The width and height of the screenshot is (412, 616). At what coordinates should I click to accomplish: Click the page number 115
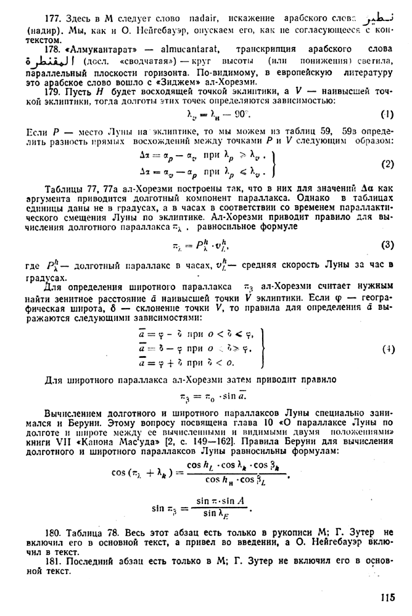(387, 597)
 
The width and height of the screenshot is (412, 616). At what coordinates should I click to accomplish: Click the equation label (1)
(387, 114)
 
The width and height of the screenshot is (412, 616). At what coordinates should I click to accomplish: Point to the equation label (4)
(387, 348)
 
